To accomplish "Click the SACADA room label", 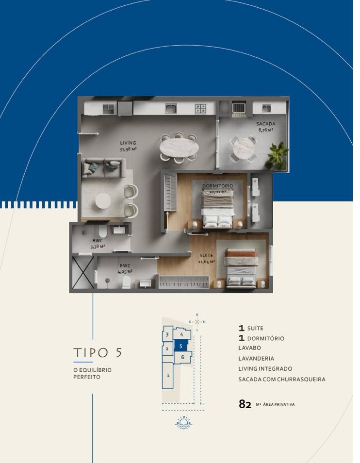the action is coord(265,124).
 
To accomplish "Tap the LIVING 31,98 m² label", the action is coord(128,146).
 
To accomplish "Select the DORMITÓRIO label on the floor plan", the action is coord(217,186).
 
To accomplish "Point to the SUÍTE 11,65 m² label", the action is coord(206,258).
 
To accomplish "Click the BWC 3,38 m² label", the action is coord(98,243).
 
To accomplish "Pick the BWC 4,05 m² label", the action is coord(125,268).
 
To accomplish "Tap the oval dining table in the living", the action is coord(179,148).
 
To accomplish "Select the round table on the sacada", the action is coord(244,149).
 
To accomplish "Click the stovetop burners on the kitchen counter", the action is coord(200,108).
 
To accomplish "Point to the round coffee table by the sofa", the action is coord(103,201).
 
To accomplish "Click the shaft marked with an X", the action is coord(83,272).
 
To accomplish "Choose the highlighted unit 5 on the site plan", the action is coord(180,346).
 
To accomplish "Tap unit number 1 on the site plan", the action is coord(168,376).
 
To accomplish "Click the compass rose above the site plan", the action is coord(197,322).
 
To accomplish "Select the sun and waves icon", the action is coord(183,423).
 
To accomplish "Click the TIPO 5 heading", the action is coord(98,352).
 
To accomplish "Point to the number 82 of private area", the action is coord(245,404).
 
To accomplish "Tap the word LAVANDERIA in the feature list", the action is coord(256,359).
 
